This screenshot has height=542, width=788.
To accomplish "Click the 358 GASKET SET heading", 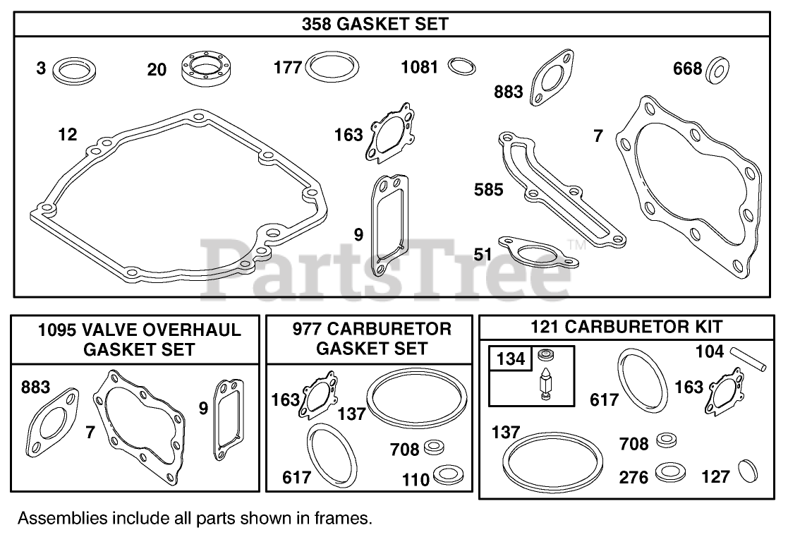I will coord(375,24).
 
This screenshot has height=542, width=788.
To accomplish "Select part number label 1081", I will coord(420,68).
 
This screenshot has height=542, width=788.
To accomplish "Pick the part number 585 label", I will coord(489,189).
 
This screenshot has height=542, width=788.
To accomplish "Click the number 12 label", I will coord(68,134).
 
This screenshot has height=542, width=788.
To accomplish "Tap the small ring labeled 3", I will coord(74,71).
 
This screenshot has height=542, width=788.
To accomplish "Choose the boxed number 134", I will coord(511,359).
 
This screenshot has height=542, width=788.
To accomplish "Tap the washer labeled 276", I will coord(669,471).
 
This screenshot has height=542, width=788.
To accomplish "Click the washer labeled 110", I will coord(447,474).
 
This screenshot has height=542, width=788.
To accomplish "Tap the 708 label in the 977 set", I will coord(404,449).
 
